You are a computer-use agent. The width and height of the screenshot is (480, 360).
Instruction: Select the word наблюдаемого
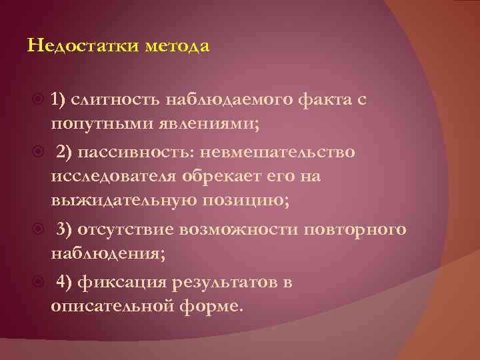(x=229, y=100)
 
